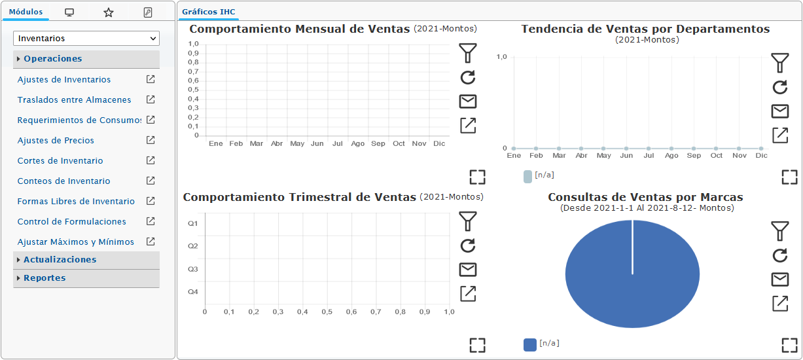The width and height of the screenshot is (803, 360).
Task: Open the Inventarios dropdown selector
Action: click(86, 39)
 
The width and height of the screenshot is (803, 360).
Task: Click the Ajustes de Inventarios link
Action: click(64, 80)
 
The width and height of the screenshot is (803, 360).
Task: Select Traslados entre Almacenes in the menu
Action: click(74, 99)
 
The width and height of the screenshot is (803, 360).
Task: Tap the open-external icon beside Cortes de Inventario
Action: click(151, 160)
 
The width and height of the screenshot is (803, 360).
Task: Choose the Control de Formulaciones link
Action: click(72, 222)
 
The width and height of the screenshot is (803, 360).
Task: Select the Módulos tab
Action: click(26, 12)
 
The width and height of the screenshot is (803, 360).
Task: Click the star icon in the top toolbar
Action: click(108, 12)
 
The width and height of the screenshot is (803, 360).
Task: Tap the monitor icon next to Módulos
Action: click(69, 12)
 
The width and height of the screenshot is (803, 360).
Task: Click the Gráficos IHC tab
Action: click(209, 12)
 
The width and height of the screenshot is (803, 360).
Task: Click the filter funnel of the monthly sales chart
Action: click(468, 53)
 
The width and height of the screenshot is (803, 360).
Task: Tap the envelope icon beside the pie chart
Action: click(780, 279)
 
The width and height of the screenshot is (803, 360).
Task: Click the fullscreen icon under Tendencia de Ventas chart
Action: click(790, 177)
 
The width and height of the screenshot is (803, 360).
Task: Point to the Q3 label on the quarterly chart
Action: click(193, 269)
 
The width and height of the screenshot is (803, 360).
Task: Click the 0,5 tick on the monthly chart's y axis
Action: click(193, 90)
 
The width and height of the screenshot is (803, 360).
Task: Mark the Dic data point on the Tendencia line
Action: click(761, 149)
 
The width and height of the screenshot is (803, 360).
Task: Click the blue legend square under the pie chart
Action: click(530, 345)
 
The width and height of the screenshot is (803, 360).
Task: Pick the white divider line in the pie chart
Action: click(632, 247)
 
